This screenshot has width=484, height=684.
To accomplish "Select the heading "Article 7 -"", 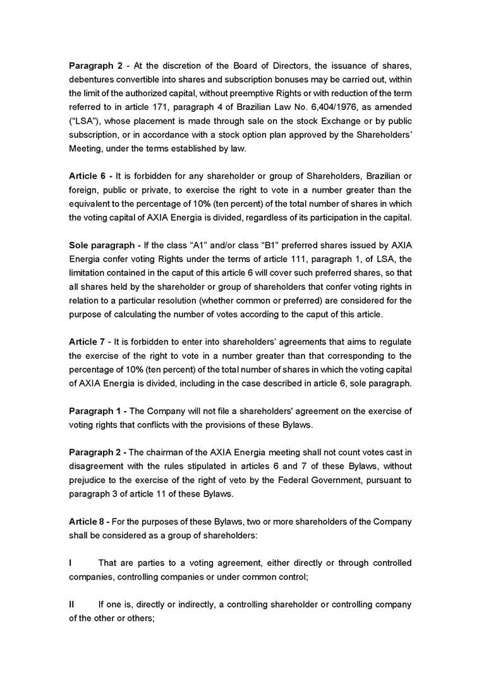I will point(90,342).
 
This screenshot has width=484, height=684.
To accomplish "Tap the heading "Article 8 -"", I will point(90,521).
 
